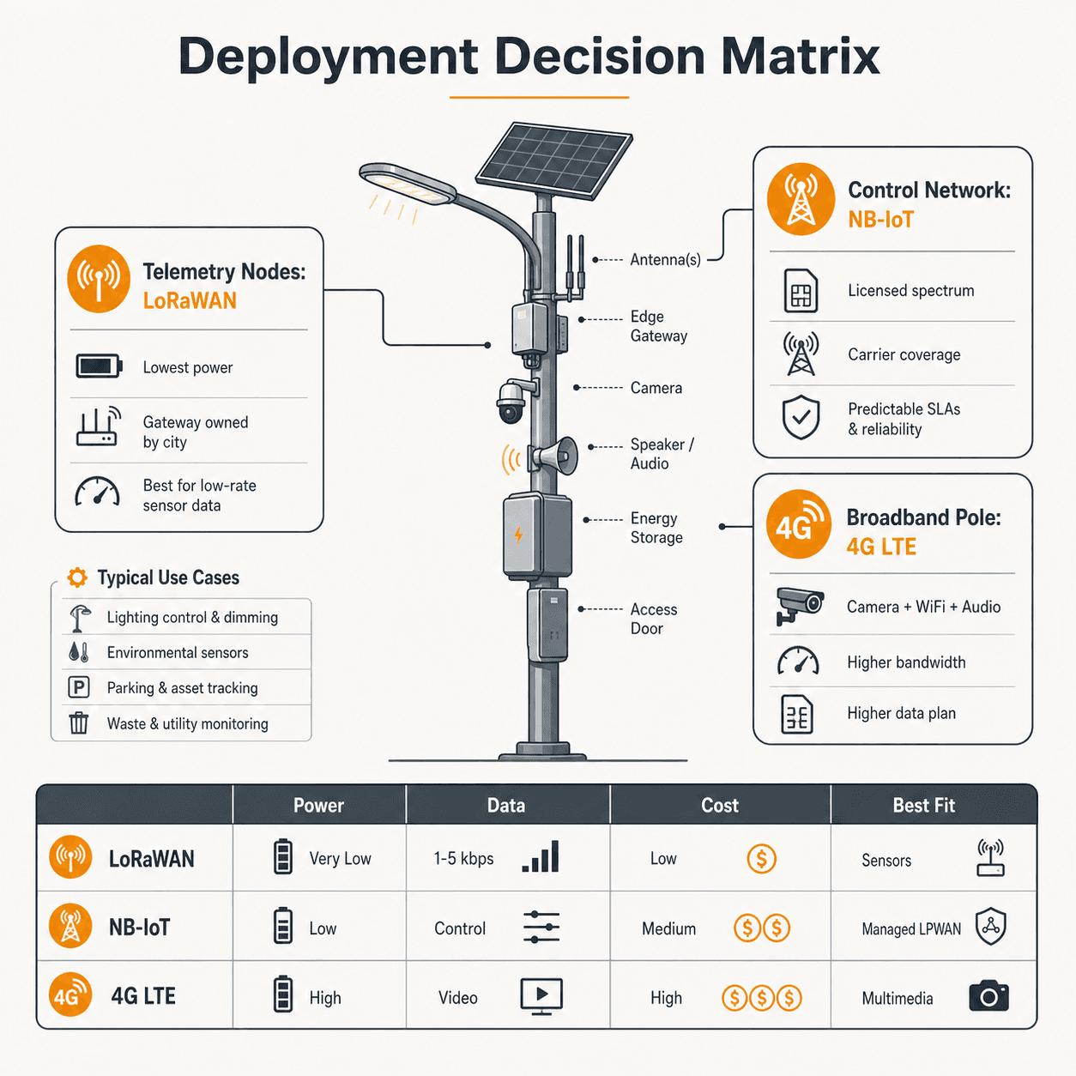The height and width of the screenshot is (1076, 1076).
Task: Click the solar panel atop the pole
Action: pos(554,160)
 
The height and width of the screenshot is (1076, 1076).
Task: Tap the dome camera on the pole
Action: pos(511,402)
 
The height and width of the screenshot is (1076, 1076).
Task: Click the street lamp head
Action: pos(407,183)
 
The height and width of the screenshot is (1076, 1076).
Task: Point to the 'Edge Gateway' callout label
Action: pos(658,326)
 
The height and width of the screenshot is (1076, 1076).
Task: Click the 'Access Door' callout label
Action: pos(653,619)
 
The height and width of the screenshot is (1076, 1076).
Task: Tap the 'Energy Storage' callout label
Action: pos(656,528)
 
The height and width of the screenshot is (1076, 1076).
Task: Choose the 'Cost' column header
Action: pos(719,805)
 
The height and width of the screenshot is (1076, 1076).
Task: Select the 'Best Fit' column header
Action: pos(923,805)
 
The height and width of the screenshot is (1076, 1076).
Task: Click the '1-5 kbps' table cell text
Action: pos(463,858)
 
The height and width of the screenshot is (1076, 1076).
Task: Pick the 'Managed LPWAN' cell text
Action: pos(911,928)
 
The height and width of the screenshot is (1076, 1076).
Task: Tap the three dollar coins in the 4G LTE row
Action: pos(762,997)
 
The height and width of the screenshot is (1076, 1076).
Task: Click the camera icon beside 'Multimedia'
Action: pos(988,996)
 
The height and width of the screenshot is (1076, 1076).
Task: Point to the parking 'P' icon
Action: pos(79,686)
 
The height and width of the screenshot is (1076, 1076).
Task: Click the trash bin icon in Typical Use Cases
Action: pos(79,722)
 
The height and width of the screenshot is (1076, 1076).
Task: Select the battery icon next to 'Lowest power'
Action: pos(99,366)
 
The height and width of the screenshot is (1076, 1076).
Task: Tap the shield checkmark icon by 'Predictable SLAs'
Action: pos(801,417)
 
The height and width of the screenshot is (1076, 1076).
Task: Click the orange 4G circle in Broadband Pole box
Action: pos(799,524)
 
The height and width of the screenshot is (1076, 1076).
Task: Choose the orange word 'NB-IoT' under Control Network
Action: pos(880,220)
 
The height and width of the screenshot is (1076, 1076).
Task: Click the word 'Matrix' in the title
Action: pos(801,56)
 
